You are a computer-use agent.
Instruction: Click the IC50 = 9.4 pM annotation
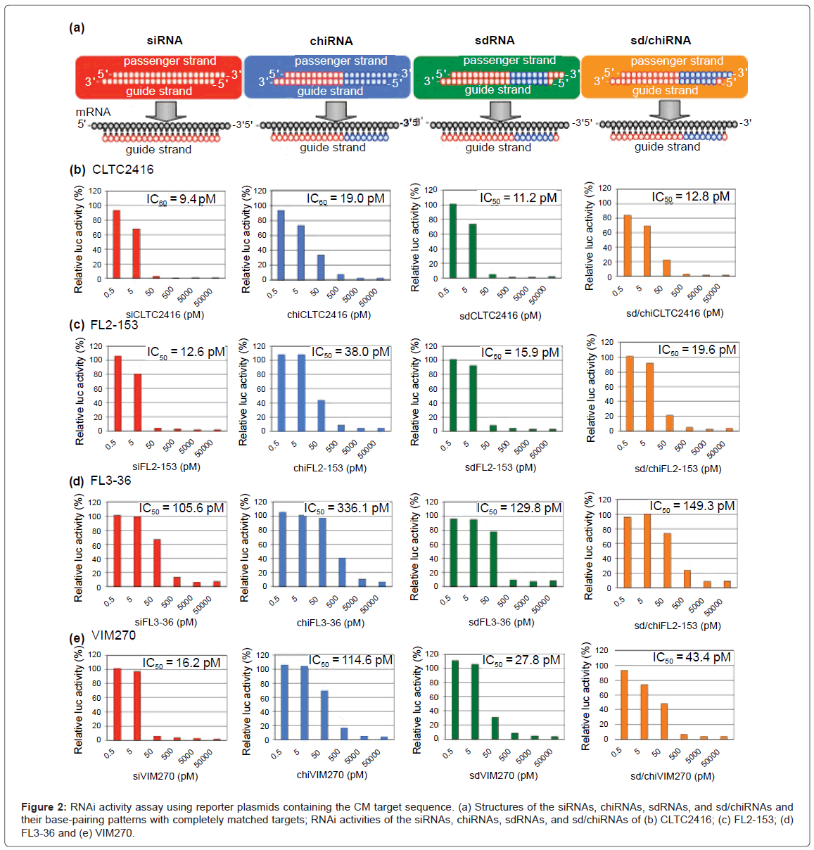pos(181,199)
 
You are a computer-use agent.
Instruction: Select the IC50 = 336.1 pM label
pos(346,508)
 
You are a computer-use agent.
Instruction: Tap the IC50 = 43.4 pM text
pos(692,657)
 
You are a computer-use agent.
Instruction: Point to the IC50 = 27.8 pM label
pos(521,660)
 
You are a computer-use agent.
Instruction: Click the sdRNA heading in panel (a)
pos(495,40)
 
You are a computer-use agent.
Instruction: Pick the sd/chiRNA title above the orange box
pos(660,40)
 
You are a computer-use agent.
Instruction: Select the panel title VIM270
pos(113,635)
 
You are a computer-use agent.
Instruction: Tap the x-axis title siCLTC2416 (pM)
pos(165,315)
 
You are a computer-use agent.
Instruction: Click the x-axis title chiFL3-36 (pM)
pos(330,623)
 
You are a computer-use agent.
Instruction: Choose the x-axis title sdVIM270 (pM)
pos(503,775)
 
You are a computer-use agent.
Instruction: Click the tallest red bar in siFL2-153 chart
pos(117,393)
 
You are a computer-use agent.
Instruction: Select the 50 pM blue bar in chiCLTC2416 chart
pos(321,267)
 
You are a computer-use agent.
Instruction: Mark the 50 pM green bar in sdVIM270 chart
pos(495,728)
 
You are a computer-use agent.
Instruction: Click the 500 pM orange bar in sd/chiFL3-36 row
pos(687,578)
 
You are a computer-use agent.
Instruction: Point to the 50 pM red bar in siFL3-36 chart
pos(157,563)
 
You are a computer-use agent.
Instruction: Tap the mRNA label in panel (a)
pos(93,112)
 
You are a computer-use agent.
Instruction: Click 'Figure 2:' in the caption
pos(44,807)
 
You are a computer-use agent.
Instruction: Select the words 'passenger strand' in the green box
pos(509,61)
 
